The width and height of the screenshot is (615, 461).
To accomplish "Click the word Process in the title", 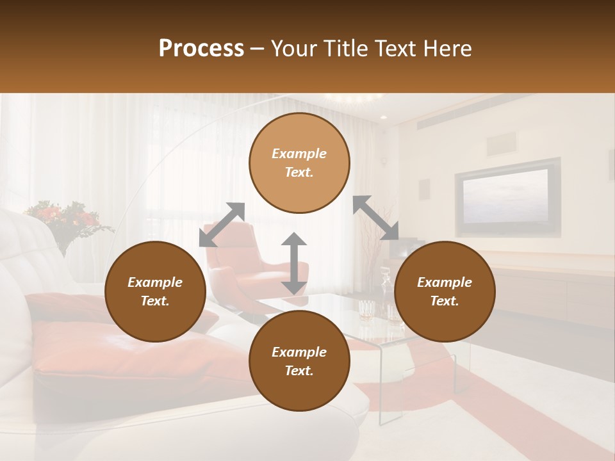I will coord(201,49).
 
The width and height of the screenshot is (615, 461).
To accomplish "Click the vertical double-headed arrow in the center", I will coord(294,263).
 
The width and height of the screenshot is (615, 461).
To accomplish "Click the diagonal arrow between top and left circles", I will coord(222,224).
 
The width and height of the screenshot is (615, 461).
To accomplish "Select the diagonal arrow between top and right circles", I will coord(376,218).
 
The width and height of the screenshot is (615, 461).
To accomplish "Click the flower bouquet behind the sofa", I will coord(67,221).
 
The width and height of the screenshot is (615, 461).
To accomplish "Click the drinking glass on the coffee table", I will coord(366,310).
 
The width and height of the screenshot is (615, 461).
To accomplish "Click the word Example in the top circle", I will coord(299,154).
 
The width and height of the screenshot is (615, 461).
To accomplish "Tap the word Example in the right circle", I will coord(445,282).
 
